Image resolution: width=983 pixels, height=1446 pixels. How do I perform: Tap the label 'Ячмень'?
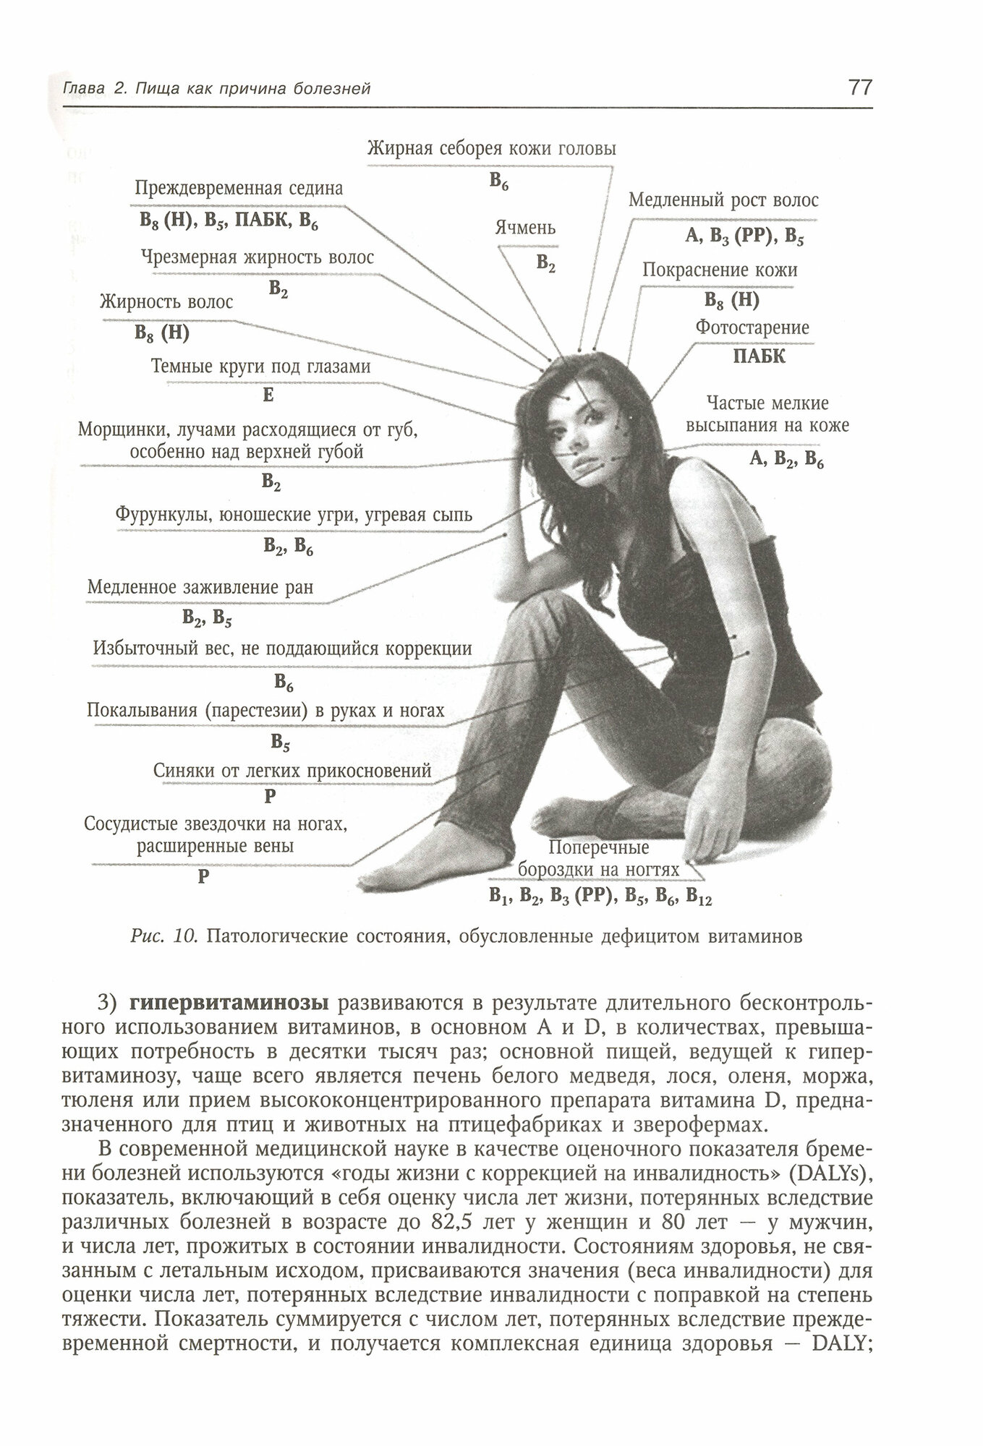525,228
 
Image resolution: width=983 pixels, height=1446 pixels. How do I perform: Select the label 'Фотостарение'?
752,328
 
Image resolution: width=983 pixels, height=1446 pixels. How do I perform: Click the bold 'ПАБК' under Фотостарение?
759,356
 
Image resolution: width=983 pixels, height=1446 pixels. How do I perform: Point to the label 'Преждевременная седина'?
239,189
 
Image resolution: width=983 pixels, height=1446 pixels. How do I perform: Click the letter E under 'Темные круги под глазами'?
268,395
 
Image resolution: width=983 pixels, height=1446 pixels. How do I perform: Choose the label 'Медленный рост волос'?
723,200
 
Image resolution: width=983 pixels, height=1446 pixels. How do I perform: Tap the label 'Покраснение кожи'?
720,270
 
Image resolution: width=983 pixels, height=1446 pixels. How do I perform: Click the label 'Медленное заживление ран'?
200,586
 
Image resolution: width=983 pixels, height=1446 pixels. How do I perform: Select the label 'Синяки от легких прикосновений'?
292,771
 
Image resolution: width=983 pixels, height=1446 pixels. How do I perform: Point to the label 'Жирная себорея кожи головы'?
491,149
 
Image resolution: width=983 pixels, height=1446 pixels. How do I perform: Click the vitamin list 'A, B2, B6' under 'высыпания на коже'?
786,458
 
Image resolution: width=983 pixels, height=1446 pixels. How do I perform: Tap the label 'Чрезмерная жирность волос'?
258,258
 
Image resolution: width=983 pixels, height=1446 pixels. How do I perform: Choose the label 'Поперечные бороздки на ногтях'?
599,857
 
